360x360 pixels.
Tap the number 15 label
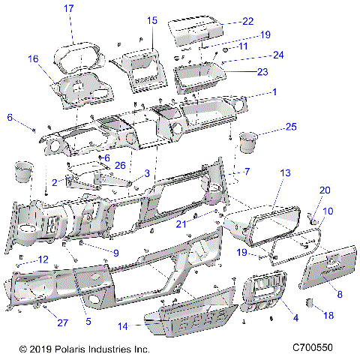pos(152,21)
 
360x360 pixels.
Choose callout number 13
pos(285,173)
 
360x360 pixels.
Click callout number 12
pos(43,259)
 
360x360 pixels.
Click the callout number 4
pos(294,317)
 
